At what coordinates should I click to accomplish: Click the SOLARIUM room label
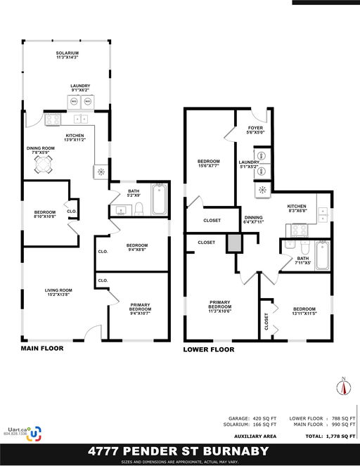click(67, 56)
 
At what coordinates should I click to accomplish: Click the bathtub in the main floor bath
click(160, 200)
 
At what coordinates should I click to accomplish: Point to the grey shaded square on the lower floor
click(234, 243)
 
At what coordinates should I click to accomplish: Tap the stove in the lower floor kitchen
click(297, 228)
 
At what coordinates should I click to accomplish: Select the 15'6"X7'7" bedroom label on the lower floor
click(209, 164)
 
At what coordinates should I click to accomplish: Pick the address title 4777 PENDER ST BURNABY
click(179, 450)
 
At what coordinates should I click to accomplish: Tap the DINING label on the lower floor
click(254, 220)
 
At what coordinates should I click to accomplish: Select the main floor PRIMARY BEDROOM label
click(139, 309)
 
